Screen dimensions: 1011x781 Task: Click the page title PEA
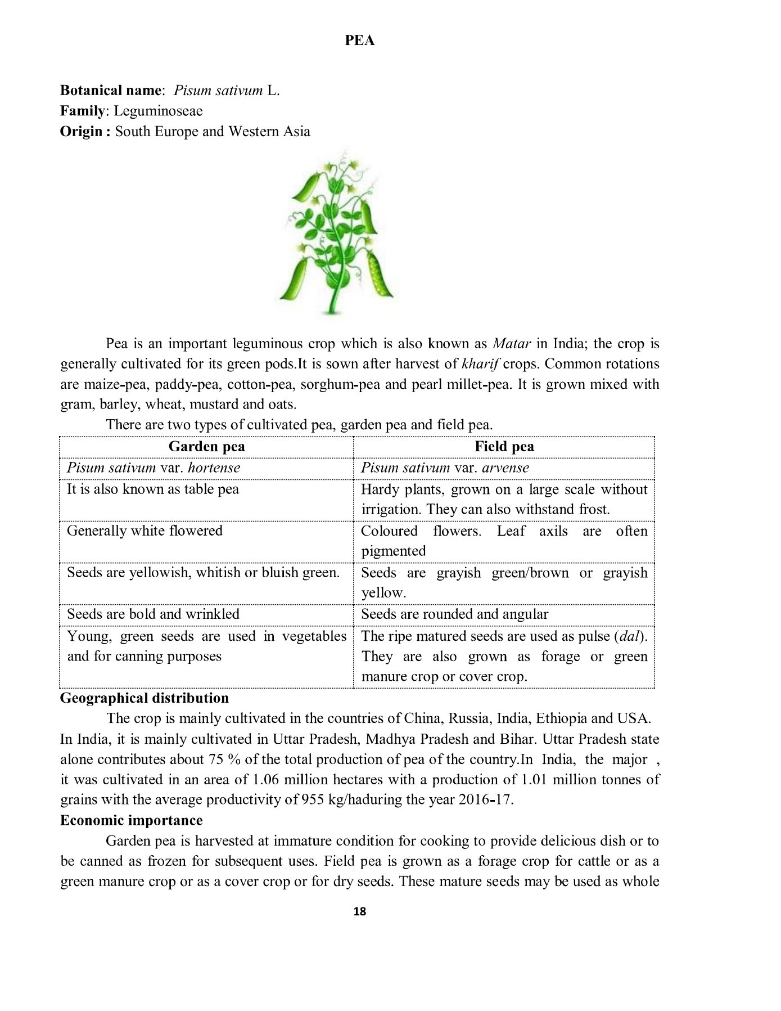[x=359, y=41]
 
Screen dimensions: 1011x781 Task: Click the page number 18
[x=359, y=911]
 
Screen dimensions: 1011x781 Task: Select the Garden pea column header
[x=206, y=447]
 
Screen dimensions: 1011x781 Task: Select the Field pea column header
[x=504, y=447]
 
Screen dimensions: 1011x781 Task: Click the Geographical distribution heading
[x=145, y=698]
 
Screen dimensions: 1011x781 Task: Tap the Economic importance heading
[x=132, y=820]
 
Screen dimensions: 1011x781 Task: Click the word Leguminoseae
[x=158, y=111]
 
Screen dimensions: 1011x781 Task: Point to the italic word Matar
[x=512, y=344]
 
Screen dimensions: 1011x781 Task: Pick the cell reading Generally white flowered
[x=145, y=531]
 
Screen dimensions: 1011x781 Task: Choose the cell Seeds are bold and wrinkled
[x=154, y=614]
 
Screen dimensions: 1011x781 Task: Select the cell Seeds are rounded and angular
[x=454, y=614]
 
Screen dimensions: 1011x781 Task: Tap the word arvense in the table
[x=505, y=468]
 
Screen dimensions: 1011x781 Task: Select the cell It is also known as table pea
[x=153, y=489]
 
